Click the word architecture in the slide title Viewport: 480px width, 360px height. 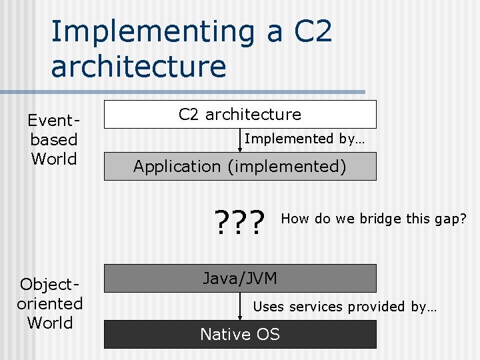tap(138, 67)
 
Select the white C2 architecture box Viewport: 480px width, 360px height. tap(240, 114)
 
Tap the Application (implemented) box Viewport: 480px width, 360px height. tap(240, 167)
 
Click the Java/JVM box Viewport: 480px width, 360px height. tap(240, 278)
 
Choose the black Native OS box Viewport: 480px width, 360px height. tap(240, 334)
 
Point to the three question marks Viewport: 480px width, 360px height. tap(240, 219)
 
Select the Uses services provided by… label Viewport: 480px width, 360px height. tap(345, 307)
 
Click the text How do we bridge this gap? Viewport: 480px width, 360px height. tap(373, 219)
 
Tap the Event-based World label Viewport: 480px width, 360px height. tap(53, 140)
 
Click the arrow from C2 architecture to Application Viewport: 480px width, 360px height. tap(240, 141)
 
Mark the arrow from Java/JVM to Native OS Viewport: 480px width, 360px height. tap(240, 307)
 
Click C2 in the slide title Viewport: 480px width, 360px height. tap(307, 32)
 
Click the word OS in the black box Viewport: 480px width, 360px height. tap(267, 334)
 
